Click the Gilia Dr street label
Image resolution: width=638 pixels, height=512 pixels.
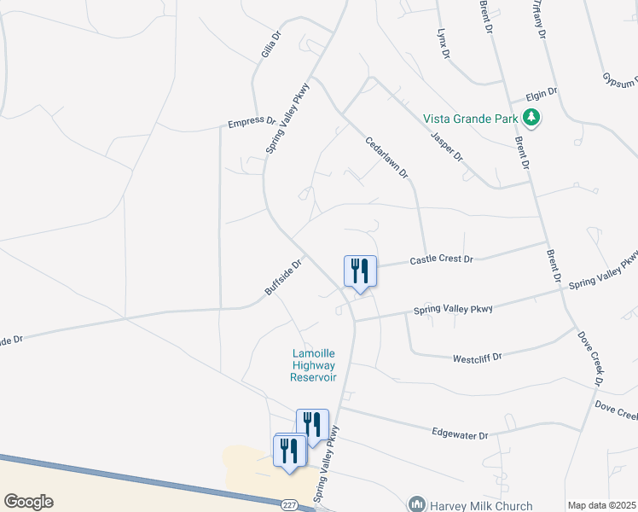click(269, 49)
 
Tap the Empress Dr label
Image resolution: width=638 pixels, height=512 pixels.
click(252, 124)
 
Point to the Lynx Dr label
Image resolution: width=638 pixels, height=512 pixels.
click(443, 44)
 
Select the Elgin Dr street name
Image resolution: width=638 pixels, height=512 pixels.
click(541, 91)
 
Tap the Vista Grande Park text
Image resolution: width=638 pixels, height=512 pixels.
click(472, 118)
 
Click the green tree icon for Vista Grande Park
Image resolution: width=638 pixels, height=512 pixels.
click(532, 117)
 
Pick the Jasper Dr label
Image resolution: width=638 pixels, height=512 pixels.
click(446, 145)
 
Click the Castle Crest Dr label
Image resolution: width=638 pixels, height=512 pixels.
click(441, 259)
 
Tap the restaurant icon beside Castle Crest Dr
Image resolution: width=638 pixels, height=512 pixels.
click(359, 271)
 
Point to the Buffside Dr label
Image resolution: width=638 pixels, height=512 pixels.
click(283, 278)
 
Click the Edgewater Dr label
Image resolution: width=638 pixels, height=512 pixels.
click(460, 434)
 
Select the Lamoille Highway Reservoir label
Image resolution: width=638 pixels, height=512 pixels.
click(313, 365)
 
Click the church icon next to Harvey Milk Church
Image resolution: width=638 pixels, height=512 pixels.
click(417, 504)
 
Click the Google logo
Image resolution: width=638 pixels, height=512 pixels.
click(29, 501)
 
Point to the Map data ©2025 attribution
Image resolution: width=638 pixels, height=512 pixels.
click(602, 506)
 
